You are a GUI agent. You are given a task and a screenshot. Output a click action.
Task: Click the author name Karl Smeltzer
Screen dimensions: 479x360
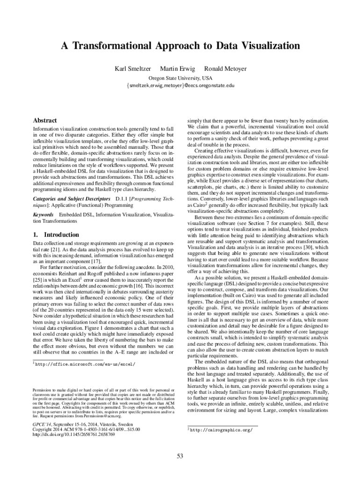(133, 69)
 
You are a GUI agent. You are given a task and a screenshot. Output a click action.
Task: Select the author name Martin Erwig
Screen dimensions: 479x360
(178, 69)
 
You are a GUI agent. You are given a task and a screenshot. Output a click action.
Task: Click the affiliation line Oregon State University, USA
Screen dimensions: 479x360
(180, 78)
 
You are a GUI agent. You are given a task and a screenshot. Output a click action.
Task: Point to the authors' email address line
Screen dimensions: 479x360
(180, 86)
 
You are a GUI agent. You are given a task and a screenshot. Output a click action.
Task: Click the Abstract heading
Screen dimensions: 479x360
(45, 120)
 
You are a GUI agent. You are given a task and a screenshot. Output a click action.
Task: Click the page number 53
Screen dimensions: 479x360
(180, 457)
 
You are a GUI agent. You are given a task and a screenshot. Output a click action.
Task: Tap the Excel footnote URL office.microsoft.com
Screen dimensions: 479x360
(87, 363)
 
